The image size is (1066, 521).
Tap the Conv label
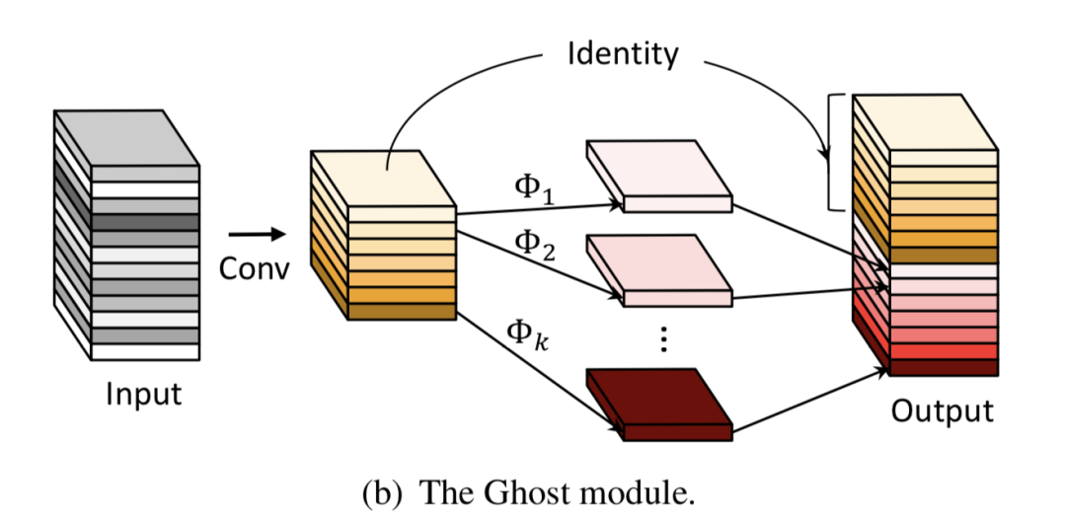coord(255,269)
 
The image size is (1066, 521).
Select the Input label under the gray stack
coord(144,394)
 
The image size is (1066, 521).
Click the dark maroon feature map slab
coord(659,400)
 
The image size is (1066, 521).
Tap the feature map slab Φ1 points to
coord(659,174)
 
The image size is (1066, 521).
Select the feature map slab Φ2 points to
coord(659,267)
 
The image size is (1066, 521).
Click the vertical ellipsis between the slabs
coord(663,338)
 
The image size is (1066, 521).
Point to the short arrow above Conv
coord(254,235)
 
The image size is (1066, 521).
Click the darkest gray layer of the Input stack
coord(145,223)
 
